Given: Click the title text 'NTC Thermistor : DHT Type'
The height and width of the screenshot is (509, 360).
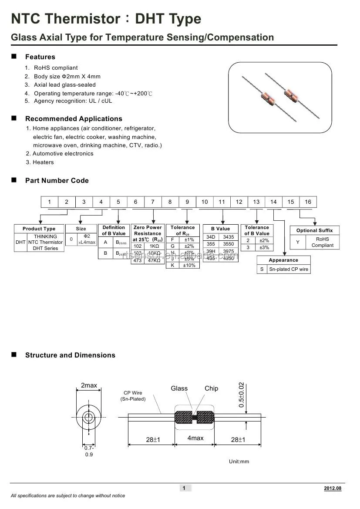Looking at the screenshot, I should pos(106,19).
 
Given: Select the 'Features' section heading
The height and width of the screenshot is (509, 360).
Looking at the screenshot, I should pos(40,57).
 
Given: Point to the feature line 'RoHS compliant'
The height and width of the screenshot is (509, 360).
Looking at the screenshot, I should pos(56,67).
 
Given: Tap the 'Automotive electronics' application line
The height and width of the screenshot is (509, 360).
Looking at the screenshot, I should pos(63,153).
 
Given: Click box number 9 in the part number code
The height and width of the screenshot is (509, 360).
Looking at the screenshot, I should pos(187,202).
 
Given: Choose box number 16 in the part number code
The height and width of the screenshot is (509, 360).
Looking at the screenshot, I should pos(308,202).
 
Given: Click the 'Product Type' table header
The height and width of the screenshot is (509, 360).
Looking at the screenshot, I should pos(39,229).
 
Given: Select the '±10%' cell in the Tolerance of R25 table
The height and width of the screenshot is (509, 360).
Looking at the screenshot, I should pos(189,265).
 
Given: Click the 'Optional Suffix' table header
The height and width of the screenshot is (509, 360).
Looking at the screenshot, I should pos(314,230).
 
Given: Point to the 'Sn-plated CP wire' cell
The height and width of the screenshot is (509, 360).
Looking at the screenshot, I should pos(289,269).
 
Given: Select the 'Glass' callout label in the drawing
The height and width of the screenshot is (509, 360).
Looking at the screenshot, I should pos(179,388).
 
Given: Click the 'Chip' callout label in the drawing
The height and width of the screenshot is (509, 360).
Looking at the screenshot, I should pos(211,388).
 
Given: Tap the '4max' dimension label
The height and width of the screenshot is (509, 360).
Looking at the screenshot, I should pos(195,438).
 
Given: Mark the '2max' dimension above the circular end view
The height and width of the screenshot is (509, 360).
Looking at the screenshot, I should pos(89,385).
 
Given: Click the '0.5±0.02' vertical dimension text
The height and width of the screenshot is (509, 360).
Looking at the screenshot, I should pos(242,394).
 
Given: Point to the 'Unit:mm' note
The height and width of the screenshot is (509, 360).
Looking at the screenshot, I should pos(239,462).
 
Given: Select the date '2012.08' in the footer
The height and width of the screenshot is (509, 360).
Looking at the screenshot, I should pos(333,488).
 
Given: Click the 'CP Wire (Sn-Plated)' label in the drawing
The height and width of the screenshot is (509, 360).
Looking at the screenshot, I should pos(133,396).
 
